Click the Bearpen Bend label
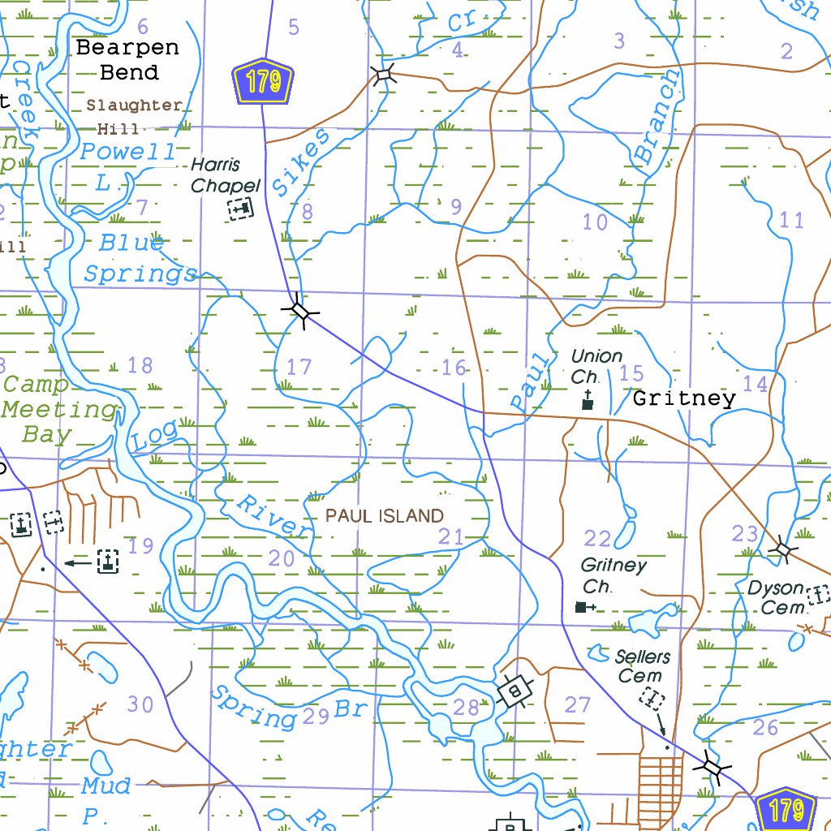point(127,60)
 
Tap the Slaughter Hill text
point(133,116)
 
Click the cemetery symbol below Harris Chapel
point(240,209)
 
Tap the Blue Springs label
point(138,259)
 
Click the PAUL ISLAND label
point(385,516)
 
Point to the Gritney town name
point(683,398)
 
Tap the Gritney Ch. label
point(614,575)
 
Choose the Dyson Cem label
point(776,597)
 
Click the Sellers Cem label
point(642,665)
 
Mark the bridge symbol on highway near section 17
point(300,311)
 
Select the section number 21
point(450,536)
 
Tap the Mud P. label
point(104,797)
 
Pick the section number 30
point(140,704)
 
